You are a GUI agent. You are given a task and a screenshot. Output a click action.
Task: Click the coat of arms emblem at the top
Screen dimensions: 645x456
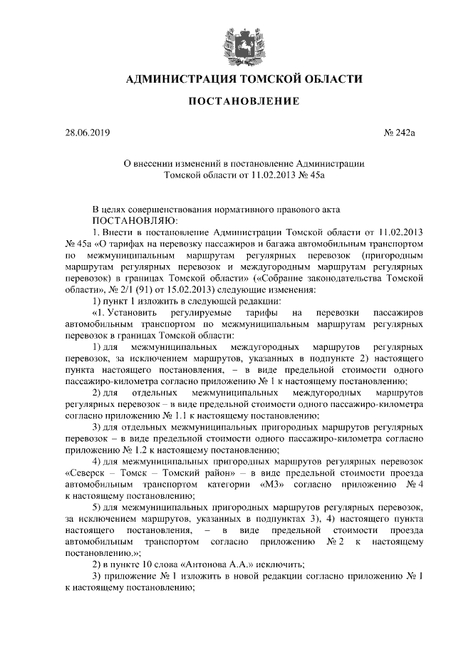pyautogui.click(x=234, y=42)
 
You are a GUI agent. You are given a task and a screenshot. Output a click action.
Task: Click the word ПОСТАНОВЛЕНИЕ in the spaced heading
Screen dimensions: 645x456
pyautogui.click(x=243, y=102)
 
